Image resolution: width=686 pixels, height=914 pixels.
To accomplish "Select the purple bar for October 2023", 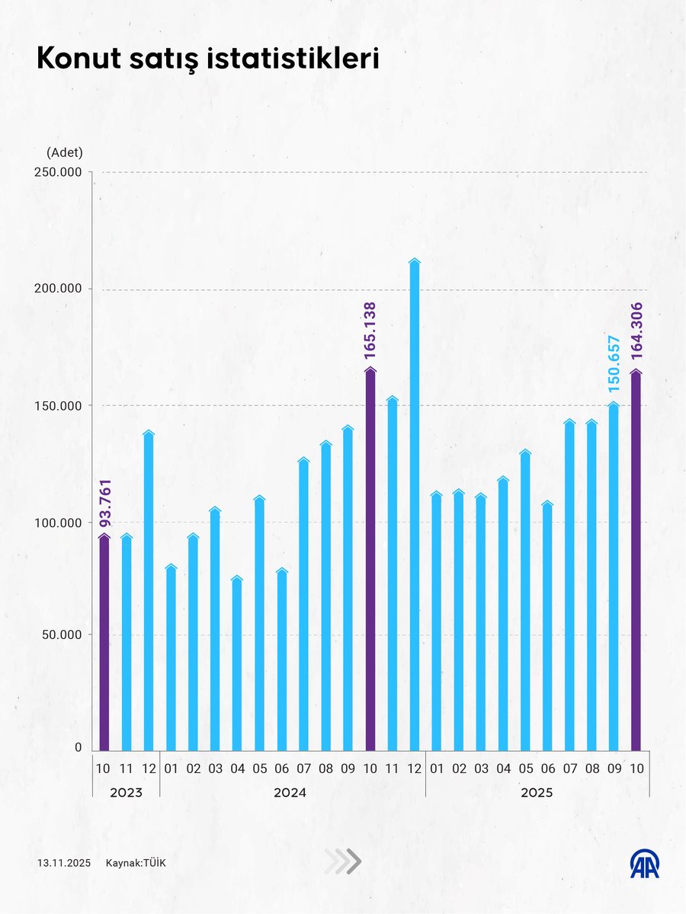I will (104, 644).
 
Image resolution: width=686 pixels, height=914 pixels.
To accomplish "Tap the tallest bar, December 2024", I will (415, 507).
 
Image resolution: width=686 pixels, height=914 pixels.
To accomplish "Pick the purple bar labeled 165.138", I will (370, 560).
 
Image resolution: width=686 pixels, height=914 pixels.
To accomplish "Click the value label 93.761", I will (105, 502).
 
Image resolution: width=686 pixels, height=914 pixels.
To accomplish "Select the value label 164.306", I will (636, 335).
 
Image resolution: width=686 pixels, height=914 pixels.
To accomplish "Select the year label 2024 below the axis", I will (290, 793).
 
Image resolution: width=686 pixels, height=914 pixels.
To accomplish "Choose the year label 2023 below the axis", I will (126, 793).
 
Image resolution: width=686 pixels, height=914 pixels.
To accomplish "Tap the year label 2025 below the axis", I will (537, 793).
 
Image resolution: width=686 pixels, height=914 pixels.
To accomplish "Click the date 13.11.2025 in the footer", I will (63, 863).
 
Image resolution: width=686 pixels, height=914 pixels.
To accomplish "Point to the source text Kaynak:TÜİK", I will (136, 863).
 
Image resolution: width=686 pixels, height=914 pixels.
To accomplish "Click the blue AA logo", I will (644, 863).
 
